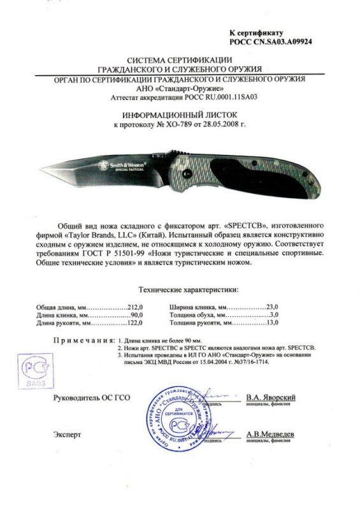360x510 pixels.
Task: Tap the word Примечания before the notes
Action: [x=80, y=341]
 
